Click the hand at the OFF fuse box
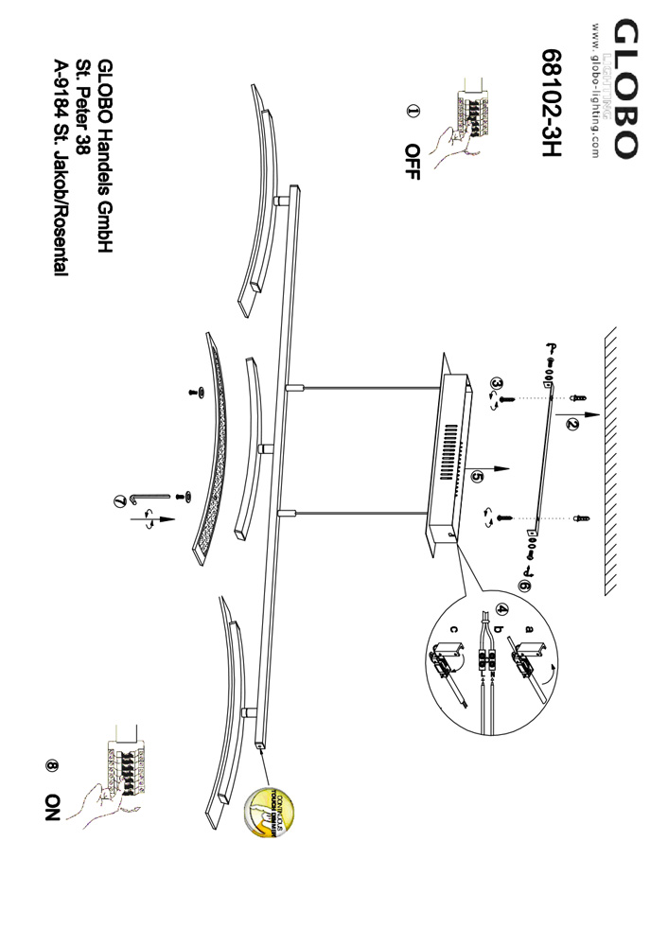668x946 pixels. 447,144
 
